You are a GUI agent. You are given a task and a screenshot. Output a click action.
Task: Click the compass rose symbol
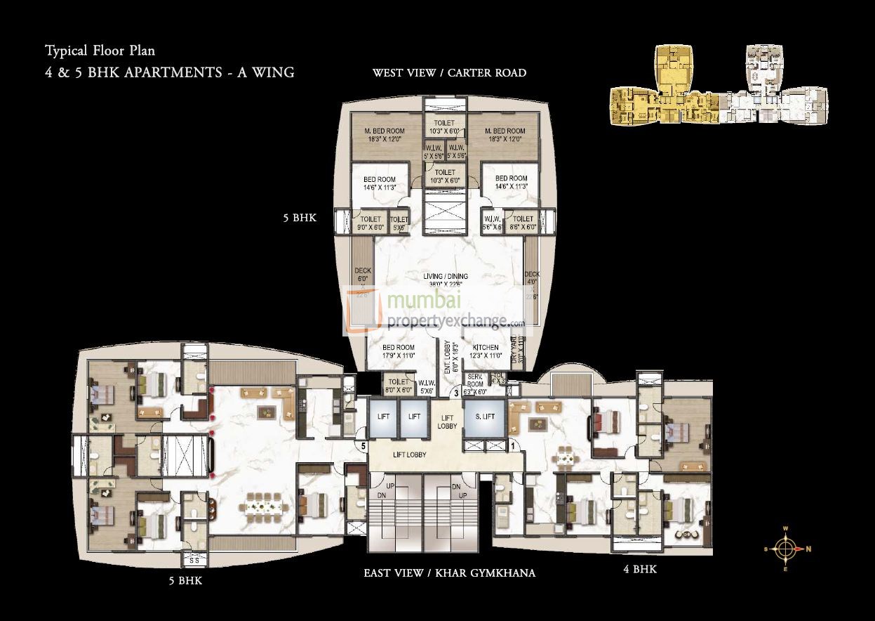coord(787,549)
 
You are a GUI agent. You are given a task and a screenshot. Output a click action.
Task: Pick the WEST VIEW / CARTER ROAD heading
coord(449,73)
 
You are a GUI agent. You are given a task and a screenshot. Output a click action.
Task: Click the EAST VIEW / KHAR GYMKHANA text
coord(449,573)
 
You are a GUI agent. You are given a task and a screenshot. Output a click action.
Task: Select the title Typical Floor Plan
coord(100,51)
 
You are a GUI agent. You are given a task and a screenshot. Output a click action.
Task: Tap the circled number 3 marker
coord(456,393)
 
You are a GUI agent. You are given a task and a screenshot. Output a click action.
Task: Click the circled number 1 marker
coord(513,445)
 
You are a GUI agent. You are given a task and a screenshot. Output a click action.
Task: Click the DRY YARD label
coord(517,349)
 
